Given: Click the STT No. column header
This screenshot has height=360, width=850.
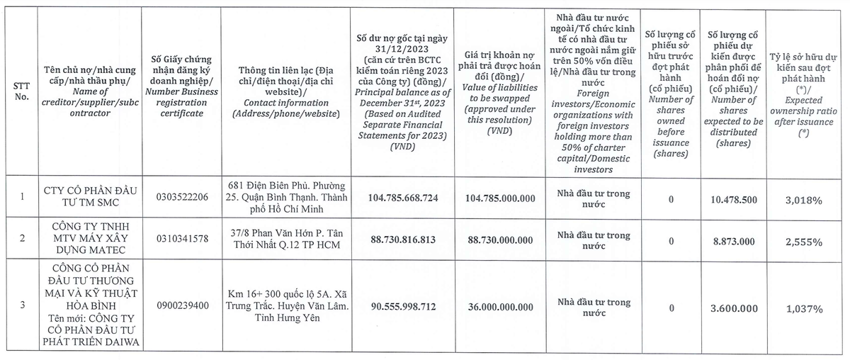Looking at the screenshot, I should [x=21, y=90].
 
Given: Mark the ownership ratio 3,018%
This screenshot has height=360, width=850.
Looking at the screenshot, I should [x=803, y=201].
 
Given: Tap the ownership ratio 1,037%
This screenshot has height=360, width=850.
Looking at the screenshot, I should [x=803, y=309].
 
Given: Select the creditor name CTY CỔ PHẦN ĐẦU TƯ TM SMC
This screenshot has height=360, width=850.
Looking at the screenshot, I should [x=89, y=196].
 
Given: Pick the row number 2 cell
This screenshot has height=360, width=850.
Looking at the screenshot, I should [x=21, y=238].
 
